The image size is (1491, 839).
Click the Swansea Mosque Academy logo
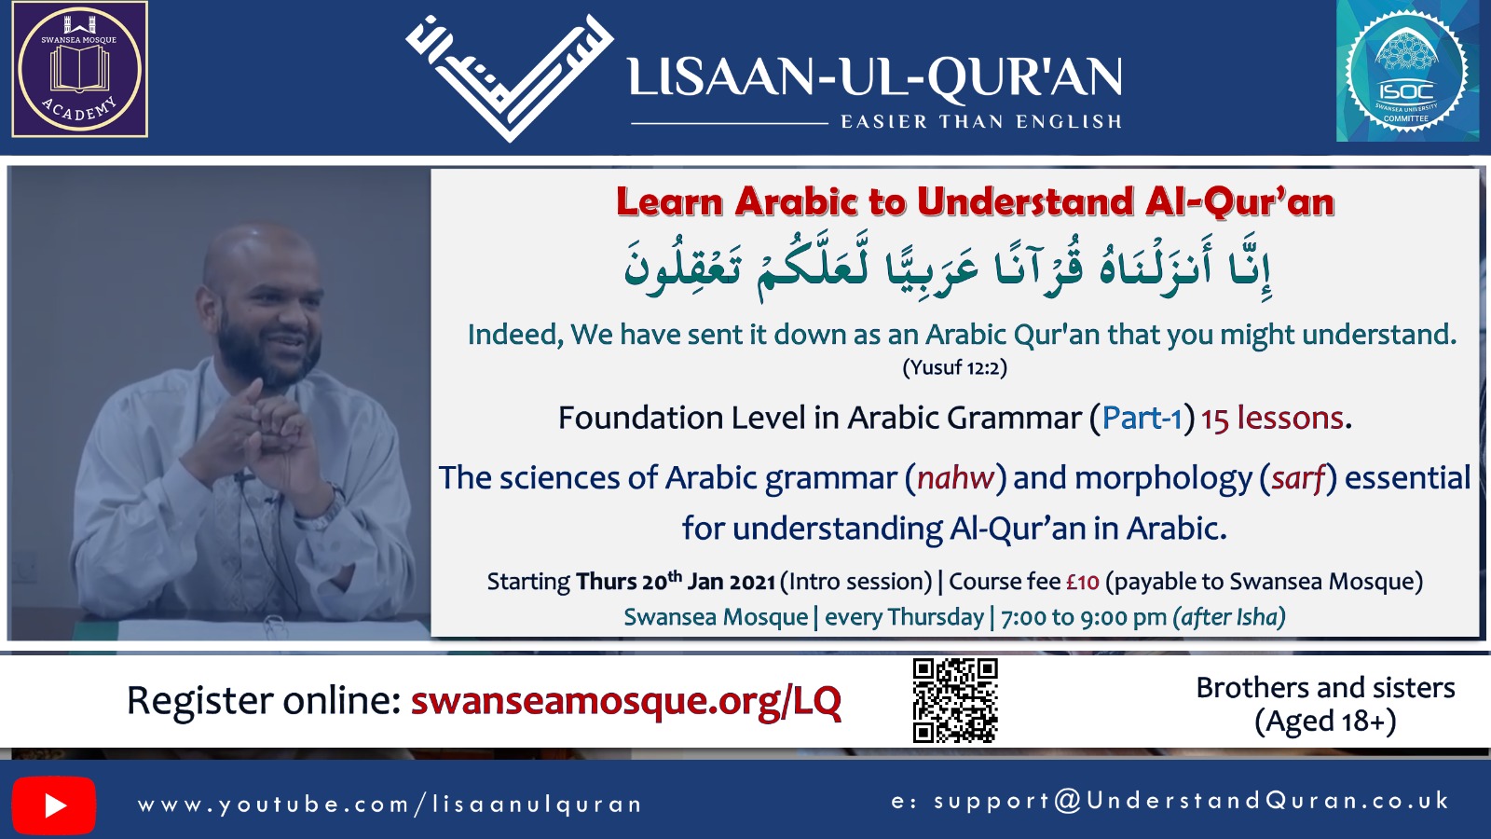coord(80,69)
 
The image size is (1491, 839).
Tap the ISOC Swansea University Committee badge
coord(1406,71)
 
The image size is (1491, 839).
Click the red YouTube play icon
coord(54,805)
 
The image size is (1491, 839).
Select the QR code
coord(955,700)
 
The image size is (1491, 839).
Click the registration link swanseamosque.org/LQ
coord(626,701)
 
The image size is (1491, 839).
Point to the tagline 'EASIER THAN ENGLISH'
coord(981,122)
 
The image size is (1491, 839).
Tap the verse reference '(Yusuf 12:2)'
coord(954,367)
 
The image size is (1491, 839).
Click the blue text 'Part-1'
coord(1142,419)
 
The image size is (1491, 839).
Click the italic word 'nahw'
coord(955,478)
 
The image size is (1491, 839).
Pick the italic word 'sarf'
coord(1298,478)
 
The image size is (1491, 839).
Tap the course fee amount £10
coord(1082,582)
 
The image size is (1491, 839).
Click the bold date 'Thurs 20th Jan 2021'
coord(676,582)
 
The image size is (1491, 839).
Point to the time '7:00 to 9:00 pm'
coord(1084,617)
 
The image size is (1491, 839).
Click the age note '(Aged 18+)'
coord(1325,722)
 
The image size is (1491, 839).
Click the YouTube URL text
coord(390,805)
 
